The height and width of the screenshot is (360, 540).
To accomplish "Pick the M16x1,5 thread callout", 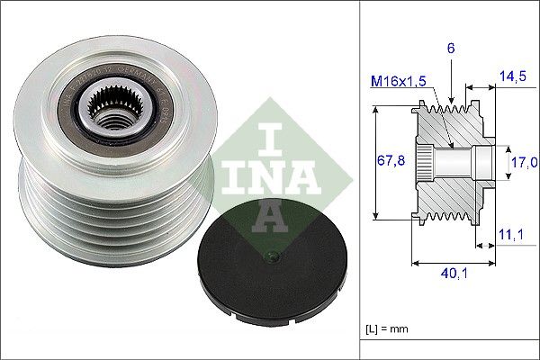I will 397,83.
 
